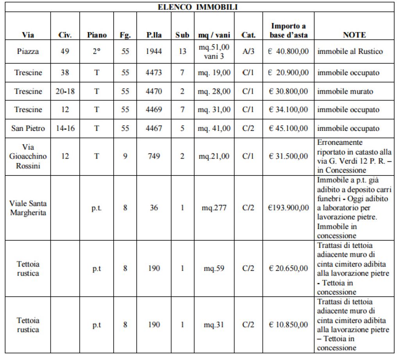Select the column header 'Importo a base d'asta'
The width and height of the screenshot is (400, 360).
pyautogui.click(x=288, y=30)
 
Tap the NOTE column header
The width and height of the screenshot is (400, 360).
pyautogui.click(x=354, y=35)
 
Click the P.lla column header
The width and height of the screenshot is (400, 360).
pyautogui.click(x=154, y=35)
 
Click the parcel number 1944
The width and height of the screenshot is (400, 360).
pyautogui.click(x=154, y=51)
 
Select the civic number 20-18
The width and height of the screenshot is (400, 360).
pyautogui.click(x=65, y=91)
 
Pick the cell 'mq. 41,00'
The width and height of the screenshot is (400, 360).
pyautogui.click(x=214, y=128)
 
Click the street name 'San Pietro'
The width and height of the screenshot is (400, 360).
pyautogui.click(x=28, y=128)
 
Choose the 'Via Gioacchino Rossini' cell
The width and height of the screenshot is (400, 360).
pyautogui.click(x=28, y=156)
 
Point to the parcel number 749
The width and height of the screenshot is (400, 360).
pyautogui.click(x=154, y=156)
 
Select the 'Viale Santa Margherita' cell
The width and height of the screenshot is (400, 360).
pyautogui.click(x=28, y=208)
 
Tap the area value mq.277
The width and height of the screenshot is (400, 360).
pyautogui.click(x=214, y=208)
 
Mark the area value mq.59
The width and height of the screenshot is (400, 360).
pyautogui.click(x=214, y=269)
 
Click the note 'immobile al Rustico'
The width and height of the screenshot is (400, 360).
pyautogui.click(x=350, y=51)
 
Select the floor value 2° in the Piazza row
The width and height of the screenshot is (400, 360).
pyautogui.click(x=96, y=51)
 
